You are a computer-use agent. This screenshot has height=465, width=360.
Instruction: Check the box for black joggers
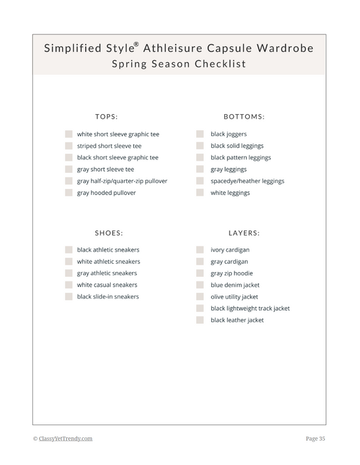click(200, 134)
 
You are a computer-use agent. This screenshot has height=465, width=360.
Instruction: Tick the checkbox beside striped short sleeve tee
click(69, 146)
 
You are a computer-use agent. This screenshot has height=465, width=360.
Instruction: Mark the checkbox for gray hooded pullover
click(69, 193)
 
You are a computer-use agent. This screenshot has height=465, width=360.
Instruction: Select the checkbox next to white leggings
click(200, 193)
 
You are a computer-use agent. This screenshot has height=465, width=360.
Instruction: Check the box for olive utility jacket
click(200, 297)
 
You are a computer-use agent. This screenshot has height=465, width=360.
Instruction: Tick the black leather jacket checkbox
click(200, 320)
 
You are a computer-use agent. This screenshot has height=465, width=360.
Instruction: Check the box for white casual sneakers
click(69, 285)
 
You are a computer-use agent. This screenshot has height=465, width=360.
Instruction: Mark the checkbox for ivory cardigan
click(200, 250)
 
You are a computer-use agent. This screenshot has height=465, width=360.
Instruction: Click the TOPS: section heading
click(107, 117)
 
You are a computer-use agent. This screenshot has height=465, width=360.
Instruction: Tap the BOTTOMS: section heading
click(244, 117)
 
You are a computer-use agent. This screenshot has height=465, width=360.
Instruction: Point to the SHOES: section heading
click(109, 233)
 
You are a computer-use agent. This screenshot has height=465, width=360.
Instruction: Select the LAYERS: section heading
click(244, 233)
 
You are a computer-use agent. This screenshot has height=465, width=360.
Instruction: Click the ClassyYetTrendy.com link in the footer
click(66, 439)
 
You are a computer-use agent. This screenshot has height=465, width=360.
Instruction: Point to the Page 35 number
click(315, 439)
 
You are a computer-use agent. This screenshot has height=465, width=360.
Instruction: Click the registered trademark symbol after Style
click(136, 45)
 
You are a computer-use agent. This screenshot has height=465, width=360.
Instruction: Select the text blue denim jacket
click(235, 285)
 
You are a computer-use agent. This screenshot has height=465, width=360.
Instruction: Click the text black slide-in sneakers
click(108, 297)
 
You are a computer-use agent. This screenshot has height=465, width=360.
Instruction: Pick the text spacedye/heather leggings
click(247, 181)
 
